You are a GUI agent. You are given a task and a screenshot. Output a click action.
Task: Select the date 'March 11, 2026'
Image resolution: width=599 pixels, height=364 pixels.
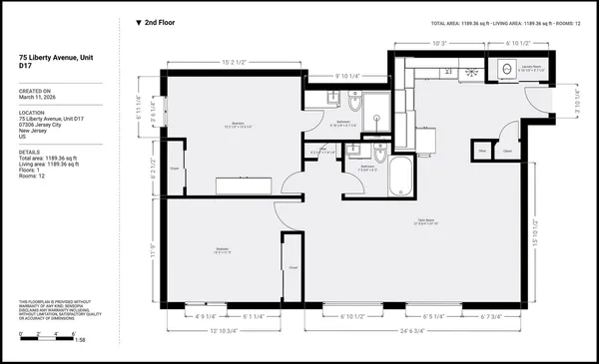click(x=38, y=97)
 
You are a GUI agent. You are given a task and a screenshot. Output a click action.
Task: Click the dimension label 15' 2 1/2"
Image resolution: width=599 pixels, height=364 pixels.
click(x=235, y=59)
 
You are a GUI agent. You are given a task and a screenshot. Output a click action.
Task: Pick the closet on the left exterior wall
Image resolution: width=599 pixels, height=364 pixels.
click(x=176, y=167)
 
